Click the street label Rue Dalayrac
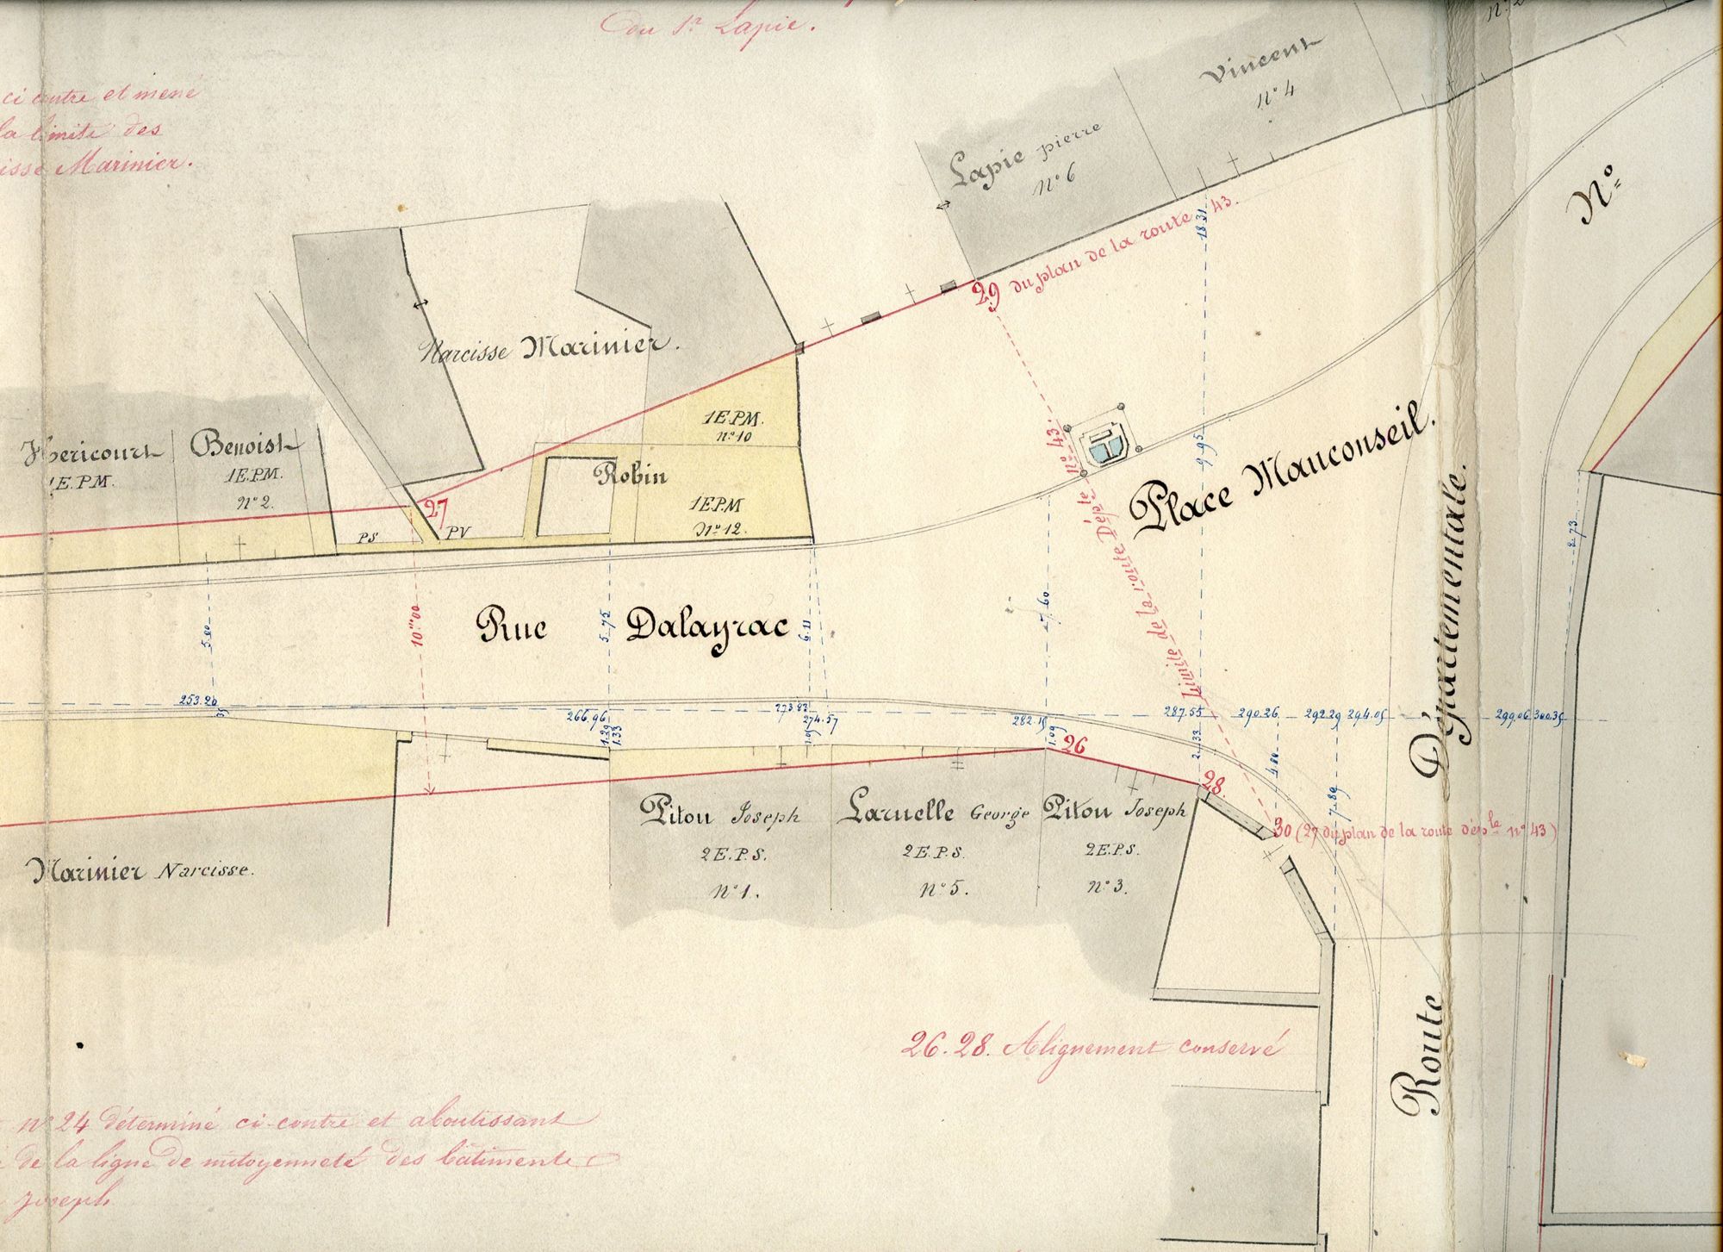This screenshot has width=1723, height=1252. pyautogui.click(x=633, y=628)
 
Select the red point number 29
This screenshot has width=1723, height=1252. pyautogui.click(x=986, y=297)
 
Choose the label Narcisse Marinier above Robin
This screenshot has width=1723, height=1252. pyautogui.click(x=550, y=348)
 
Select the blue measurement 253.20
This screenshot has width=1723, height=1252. pyautogui.click(x=198, y=700)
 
